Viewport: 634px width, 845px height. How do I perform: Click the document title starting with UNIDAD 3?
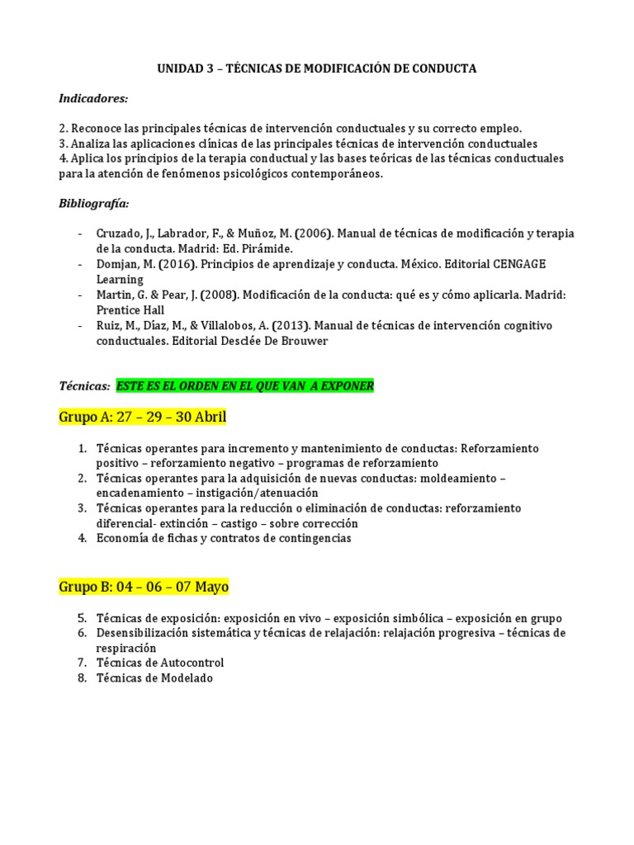[317, 68]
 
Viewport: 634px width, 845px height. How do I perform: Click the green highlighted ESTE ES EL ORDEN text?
[245, 385]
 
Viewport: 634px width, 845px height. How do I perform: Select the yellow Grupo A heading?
[142, 416]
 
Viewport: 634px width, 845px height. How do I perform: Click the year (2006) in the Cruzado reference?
[313, 234]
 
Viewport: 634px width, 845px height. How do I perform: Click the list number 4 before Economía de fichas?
[83, 538]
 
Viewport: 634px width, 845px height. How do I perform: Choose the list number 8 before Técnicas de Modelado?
[83, 678]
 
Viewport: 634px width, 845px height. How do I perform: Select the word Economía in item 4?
[122, 538]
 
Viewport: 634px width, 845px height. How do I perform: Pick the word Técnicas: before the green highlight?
[84, 385]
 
